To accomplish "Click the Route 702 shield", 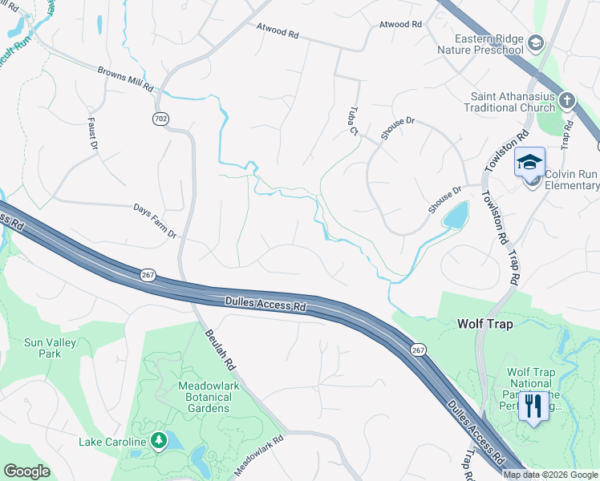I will [160, 119].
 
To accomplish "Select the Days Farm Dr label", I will [155, 220].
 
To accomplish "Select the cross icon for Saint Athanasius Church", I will [567, 101].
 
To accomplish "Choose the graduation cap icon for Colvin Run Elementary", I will [529, 163].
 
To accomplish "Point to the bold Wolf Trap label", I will [484, 324].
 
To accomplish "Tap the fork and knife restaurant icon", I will [533, 405].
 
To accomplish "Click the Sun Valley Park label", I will [50, 348].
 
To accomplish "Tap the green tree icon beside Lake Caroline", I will [159, 440].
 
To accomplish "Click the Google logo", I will [27, 471].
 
